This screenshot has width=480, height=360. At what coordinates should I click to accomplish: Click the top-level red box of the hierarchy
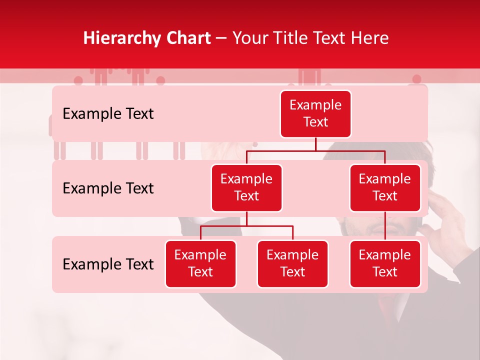pos(315,114)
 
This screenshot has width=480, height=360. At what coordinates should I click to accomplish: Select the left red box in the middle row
pos(246,187)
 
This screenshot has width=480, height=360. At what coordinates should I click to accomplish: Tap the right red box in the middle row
pos(385,187)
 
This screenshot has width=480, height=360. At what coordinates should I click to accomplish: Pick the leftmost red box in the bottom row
pos(200,263)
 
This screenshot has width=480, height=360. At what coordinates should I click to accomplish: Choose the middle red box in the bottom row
pos(292,263)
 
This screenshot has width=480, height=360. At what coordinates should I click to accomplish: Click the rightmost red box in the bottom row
pos(385,263)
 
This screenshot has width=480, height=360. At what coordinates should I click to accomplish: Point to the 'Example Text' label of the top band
pos(108,114)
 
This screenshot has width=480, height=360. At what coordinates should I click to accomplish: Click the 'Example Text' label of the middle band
pos(108,188)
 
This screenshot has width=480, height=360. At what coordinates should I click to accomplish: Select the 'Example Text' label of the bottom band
pos(108,264)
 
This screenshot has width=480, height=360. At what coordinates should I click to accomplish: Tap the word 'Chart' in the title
pos(186,38)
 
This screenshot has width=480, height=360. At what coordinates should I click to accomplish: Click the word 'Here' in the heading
pos(370,38)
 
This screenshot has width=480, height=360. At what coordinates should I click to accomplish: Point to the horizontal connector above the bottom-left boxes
pos(246,226)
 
